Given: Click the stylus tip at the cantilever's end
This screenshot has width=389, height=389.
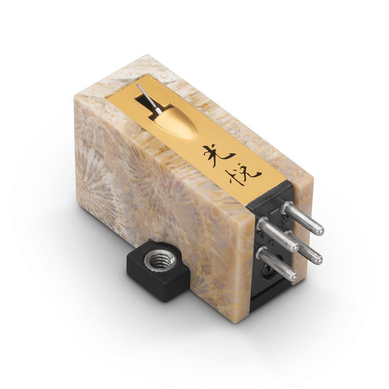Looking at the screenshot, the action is (137, 85).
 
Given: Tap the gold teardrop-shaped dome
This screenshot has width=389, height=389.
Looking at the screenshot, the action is (176, 123).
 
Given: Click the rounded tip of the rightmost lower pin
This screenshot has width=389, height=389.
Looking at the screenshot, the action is (317, 260).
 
